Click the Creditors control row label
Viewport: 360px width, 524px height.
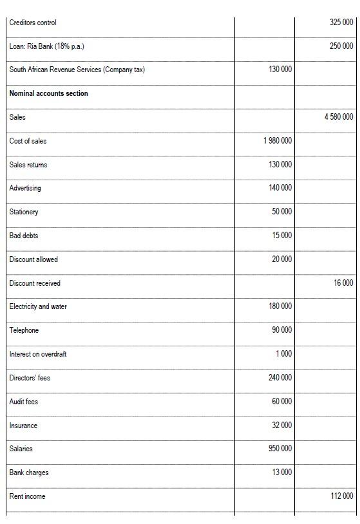[33, 23]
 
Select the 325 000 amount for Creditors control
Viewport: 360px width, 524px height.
[341, 23]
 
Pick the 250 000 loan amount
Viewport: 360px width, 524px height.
[341, 46]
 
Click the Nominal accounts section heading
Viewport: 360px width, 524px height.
[49, 94]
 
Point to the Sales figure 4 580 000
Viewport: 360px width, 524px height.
[339, 117]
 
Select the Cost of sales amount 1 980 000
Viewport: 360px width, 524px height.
[278, 141]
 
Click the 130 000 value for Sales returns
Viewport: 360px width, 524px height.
[280, 165]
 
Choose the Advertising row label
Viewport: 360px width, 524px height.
[25, 189]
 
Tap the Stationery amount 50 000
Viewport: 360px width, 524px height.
[282, 212]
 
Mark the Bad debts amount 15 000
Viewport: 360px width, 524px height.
[282, 236]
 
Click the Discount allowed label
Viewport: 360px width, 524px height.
[33, 260]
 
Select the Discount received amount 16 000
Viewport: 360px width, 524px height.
[343, 283]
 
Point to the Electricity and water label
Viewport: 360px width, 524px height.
[38, 307]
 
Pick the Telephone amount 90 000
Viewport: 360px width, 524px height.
[282, 330]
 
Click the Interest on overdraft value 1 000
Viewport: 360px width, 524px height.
[284, 354]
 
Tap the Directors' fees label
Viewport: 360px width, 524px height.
[30, 378]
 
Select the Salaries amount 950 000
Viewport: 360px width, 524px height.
[280, 449]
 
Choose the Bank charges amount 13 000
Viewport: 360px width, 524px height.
[282, 473]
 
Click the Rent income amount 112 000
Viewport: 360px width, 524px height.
[341, 496]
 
